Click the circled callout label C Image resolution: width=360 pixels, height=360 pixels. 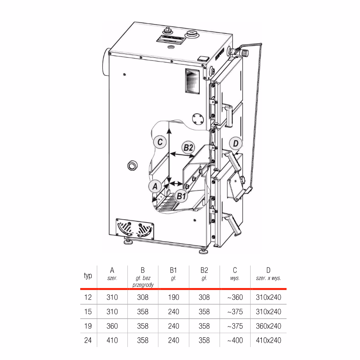[x=160, y=142]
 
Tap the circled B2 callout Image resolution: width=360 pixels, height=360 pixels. [x=188, y=147]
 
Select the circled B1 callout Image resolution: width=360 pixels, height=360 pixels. [x=181, y=196]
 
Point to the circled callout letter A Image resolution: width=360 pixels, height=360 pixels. [x=155, y=186]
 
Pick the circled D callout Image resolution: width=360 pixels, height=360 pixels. [x=236, y=144]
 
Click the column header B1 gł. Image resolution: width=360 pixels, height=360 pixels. [x=174, y=274]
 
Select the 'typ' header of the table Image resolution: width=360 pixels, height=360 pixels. [x=88, y=275]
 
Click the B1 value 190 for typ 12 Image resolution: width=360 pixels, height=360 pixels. [x=174, y=297]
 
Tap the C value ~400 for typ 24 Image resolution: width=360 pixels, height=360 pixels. [x=235, y=340]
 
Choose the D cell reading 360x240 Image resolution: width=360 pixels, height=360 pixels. [x=269, y=326]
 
